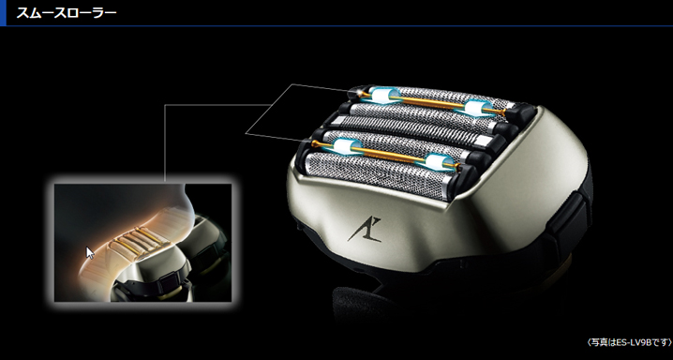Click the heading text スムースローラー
point(67,12)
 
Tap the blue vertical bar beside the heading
point(3,13)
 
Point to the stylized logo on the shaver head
point(365,230)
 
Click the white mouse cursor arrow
point(90,253)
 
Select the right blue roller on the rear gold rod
point(477,108)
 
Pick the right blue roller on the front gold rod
point(438,162)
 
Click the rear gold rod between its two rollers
point(429,102)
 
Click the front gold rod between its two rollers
point(392,155)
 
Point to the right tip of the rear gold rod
point(504,112)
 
